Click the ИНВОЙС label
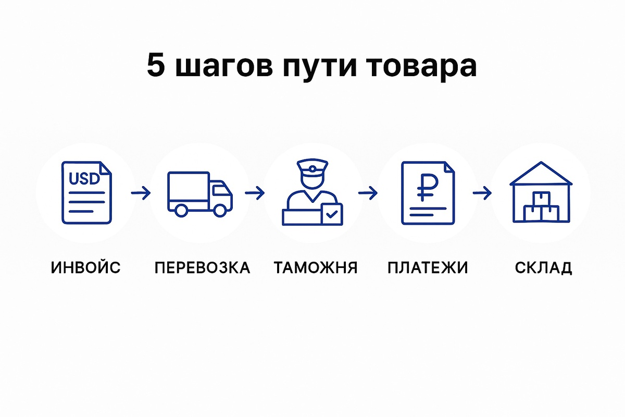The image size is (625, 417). click(86, 268)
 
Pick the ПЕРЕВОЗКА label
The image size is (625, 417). click(202, 268)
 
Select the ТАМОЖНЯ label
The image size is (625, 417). click(316, 268)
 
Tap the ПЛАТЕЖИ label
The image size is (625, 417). click(428, 268)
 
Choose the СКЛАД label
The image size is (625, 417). click(543, 268)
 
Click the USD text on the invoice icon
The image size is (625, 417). click(84, 179)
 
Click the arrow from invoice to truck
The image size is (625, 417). click(141, 193)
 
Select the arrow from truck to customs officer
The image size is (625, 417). click(255, 193)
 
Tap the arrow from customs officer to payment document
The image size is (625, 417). click(368, 193)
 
